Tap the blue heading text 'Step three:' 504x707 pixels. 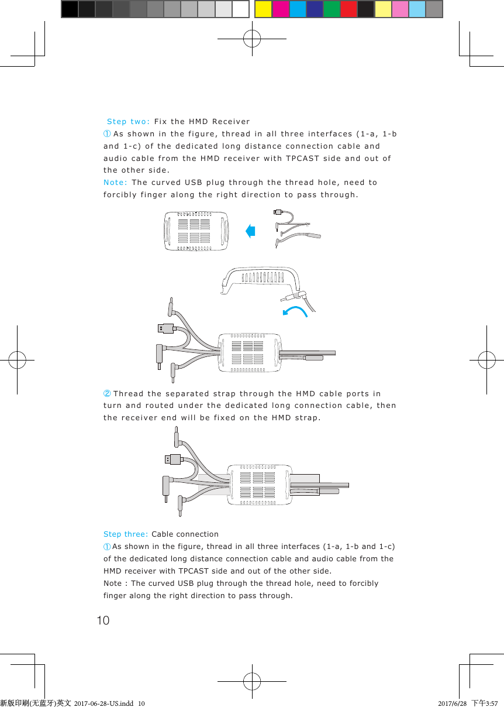pos(126,534)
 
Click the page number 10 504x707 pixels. pos(103,620)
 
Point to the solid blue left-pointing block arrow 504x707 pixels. pos(251,231)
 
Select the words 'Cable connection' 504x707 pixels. pos(185,534)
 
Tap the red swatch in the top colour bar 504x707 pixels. pos(348,9)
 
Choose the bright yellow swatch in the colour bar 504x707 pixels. pos(263,9)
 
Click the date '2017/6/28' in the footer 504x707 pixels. pos(452,702)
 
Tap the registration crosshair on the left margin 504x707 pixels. pos(17,361)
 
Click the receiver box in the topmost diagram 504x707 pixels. pos(195,231)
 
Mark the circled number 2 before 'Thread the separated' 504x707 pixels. pos(107,393)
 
